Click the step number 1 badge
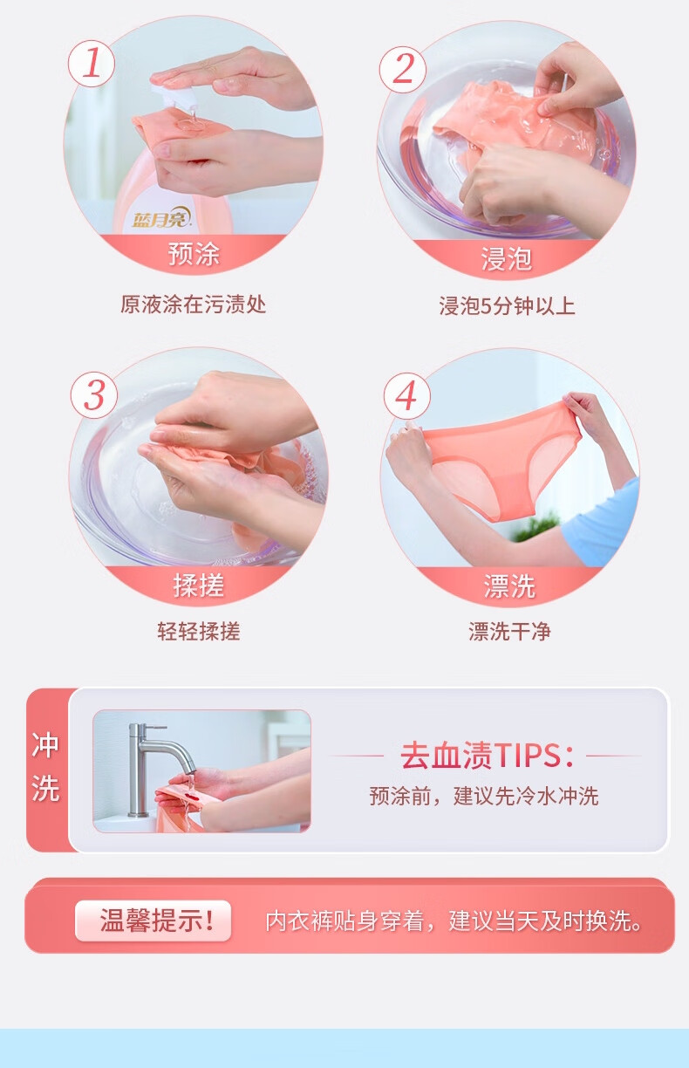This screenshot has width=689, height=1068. click(x=91, y=64)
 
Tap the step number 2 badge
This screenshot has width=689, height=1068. click(x=403, y=69)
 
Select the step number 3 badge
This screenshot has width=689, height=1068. click(x=94, y=395)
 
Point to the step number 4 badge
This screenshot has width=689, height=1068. click(x=406, y=396)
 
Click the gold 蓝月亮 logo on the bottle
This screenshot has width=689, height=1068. click(x=162, y=218)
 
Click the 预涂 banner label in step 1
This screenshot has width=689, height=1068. click(x=194, y=253)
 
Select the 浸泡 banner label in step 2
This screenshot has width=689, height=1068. click(x=506, y=259)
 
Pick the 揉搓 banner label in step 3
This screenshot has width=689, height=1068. click(x=198, y=585)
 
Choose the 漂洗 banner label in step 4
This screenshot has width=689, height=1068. click(x=509, y=586)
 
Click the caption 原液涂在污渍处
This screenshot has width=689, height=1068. click(x=193, y=305)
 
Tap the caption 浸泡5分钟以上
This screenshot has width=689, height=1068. click(x=507, y=305)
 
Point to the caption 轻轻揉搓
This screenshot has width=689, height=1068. click(x=199, y=631)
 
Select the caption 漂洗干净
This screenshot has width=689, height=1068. click(x=509, y=631)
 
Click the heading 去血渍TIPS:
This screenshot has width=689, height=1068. click(x=487, y=756)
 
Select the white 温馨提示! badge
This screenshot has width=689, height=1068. click(x=153, y=921)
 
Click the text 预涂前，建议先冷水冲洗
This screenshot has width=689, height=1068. click(x=484, y=796)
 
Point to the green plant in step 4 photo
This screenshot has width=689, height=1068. click(x=536, y=526)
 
